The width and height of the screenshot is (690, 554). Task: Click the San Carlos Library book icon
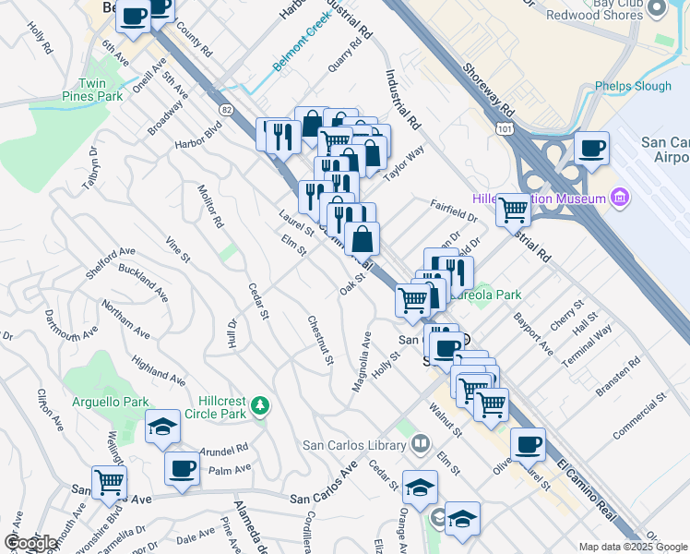coord(421,444)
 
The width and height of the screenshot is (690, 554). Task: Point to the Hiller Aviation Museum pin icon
coord(617,198)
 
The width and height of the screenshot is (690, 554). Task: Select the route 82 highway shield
coord(226,109)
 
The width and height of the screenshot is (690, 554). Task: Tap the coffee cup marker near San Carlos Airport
coord(591,148)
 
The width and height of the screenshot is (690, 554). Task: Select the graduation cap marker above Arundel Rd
coord(162,427)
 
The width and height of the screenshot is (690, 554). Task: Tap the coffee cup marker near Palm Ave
coord(182,467)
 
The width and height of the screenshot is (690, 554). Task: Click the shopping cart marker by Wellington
coord(109,482)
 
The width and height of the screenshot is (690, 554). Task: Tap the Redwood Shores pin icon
coord(658,8)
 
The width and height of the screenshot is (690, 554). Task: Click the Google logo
coord(30,543)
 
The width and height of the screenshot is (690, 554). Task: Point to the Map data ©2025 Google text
coord(632,547)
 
